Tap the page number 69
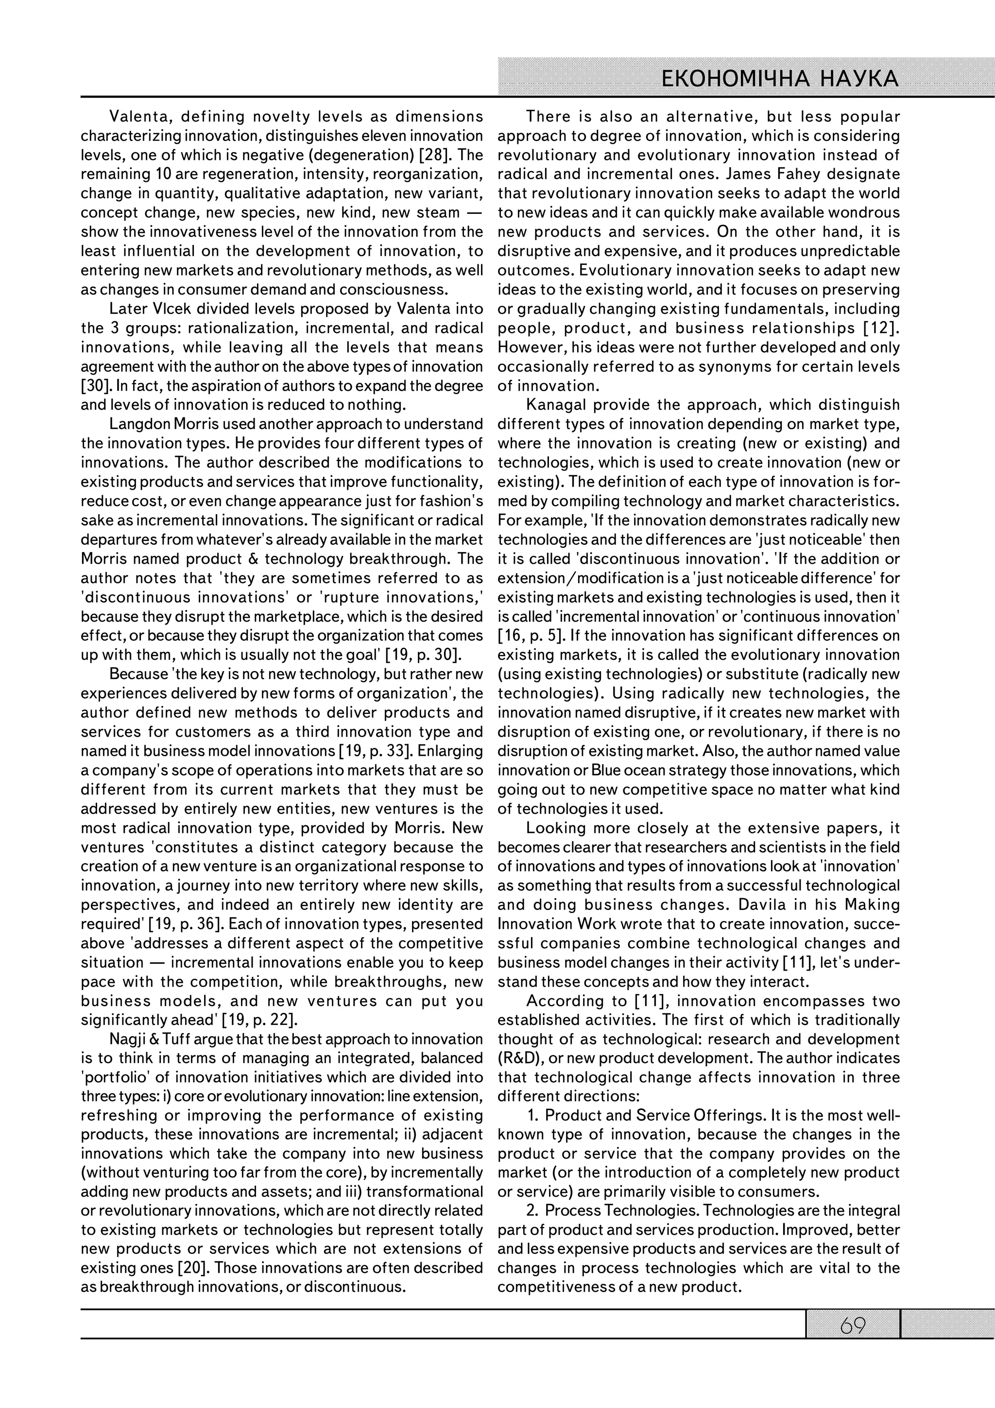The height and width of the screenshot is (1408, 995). click(x=852, y=1326)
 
